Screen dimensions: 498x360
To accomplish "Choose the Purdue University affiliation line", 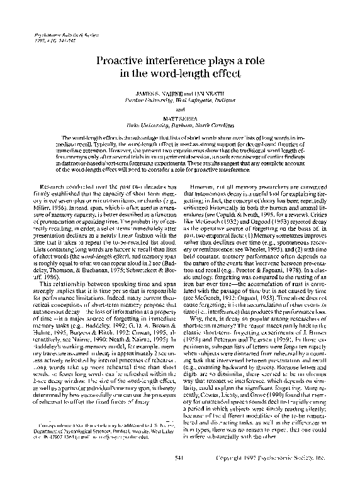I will point(179,99).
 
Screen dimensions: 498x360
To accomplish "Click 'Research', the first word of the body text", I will point(53,187).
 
